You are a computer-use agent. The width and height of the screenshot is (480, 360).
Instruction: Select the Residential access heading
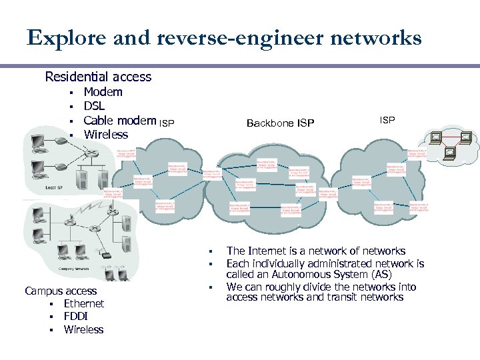(98, 77)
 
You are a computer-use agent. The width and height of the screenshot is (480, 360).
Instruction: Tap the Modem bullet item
(103, 92)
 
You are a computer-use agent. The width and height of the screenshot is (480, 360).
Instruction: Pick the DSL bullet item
(94, 106)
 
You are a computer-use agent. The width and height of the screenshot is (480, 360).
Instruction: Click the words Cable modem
(120, 121)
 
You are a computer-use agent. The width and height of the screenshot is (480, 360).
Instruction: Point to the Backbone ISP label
(280, 123)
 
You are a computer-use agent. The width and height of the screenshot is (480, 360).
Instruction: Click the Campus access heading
(61, 291)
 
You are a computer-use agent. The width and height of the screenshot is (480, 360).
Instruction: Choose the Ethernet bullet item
(84, 303)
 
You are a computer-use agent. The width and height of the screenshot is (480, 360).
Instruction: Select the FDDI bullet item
(77, 317)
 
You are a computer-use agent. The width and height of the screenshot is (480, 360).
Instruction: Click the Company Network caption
(74, 268)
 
